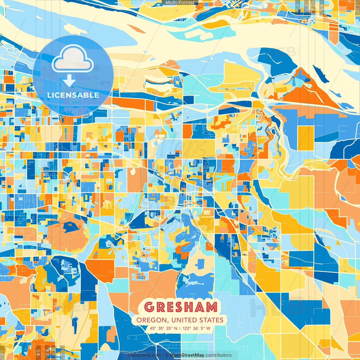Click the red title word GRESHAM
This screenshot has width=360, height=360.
(181, 307)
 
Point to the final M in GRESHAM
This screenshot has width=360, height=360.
(211, 307)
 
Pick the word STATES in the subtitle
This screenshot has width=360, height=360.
(211, 320)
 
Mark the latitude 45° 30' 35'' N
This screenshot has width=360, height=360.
(163, 328)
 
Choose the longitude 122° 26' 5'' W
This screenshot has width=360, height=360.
(197, 328)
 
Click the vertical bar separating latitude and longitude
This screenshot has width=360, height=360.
(180, 328)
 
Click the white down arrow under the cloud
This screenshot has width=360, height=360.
(69, 81)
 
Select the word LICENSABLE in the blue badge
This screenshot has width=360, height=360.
(73, 95)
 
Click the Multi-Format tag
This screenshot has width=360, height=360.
(180, 3)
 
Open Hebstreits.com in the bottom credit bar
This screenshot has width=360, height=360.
(144, 355)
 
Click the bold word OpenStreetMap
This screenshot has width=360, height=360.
(187, 355)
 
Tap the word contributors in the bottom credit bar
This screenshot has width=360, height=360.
(218, 355)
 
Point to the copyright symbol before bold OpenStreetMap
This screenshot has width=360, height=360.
(167, 355)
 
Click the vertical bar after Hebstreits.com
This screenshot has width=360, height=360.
(163, 355)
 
